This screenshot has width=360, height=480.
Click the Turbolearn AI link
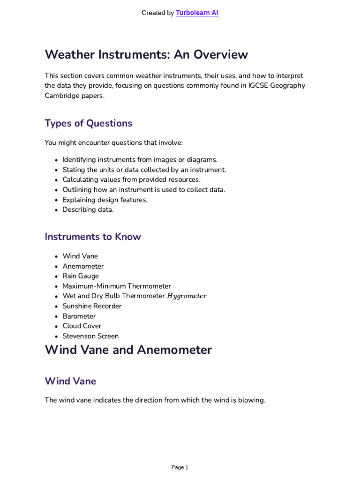(x=197, y=13)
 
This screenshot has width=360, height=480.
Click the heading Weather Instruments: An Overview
(x=146, y=55)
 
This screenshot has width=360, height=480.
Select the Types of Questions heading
(x=88, y=123)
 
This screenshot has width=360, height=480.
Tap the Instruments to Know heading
(x=93, y=237)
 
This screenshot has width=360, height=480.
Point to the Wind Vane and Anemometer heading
(x=128, y=350)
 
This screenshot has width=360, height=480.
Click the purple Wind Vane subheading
(x=70, y=381)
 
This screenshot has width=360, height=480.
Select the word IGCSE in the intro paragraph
(x=254, y=85)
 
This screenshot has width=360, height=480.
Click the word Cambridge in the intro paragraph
(x=61, y=95)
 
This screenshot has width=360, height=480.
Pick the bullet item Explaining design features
(x=105, y=200)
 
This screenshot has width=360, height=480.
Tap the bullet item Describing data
(x=88, y=210)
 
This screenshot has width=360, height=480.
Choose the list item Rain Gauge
(x=81, y=276)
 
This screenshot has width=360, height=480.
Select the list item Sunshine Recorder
(x=92, y=306)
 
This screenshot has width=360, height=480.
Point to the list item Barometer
(x=79, y=316)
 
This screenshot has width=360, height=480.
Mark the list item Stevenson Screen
(x=90, y=336)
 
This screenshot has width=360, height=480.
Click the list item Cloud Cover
(x=82, y=326)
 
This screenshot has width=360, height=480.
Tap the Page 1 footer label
(x=180, y=467)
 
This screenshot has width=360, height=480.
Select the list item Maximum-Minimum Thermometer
(x=117, y=286)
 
